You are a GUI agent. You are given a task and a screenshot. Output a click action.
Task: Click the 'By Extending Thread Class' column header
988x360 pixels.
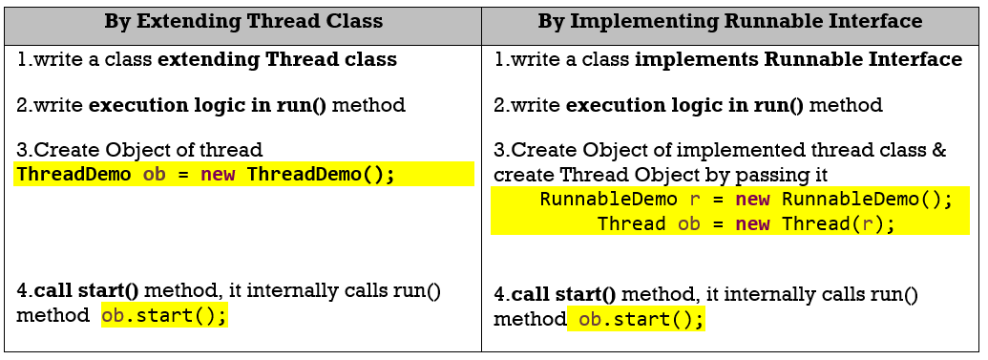coord(243,21)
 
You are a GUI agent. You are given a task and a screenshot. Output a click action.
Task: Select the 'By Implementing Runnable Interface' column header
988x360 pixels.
coord(729,21)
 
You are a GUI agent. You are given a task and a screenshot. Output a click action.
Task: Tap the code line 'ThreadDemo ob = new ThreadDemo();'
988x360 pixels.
coord(205,174)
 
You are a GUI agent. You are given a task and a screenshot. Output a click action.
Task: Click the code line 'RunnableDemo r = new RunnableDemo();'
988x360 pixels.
coord(746,200)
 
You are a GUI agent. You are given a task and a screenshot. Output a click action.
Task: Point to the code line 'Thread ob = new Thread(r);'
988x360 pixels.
coord(746,223)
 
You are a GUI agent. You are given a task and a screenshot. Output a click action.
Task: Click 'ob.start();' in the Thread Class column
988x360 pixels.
coord(164,314)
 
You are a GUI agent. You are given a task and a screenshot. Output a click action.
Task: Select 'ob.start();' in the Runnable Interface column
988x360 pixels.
coord(641,320)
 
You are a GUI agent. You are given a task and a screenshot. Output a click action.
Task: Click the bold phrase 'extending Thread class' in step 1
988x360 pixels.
coord(277,60)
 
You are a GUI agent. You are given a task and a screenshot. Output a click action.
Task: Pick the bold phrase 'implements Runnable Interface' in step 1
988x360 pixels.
coord(798,60)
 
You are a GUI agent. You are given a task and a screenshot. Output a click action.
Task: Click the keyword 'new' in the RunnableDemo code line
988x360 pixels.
coord(752,200)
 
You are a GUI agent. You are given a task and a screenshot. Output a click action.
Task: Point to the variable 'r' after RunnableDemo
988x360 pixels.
coord(695,201)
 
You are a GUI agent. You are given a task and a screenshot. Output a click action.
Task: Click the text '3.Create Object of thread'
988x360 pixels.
coord(139,150)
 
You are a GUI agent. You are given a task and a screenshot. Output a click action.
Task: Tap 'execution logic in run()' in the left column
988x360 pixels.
coord(208,105)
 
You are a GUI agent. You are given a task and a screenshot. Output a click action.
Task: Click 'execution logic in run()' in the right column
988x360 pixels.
coord(685,105)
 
